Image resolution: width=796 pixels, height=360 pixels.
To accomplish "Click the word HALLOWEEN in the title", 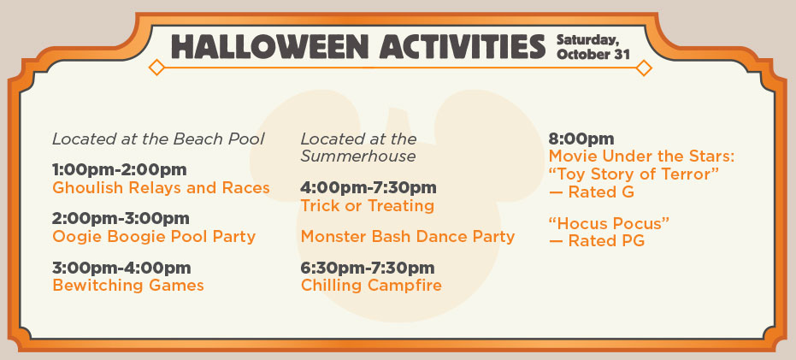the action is [270, 47].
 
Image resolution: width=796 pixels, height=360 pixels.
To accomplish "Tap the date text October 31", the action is [593, 55].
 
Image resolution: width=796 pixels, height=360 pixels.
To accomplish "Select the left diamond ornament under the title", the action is [156, 68].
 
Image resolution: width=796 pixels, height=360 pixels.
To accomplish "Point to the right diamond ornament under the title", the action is [644, 68].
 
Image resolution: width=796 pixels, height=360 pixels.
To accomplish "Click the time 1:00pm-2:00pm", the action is [120, 169].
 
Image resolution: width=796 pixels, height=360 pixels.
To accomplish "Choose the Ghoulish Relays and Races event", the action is [161, 188].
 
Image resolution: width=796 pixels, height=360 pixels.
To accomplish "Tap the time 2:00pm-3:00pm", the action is [121, 218].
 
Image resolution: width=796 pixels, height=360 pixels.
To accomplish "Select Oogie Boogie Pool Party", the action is [154, 237].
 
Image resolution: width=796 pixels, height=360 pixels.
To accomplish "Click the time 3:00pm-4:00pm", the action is [121, 267].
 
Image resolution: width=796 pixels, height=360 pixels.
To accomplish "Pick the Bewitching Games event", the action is [128, 286].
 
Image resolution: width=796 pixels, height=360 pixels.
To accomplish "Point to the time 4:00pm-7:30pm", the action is [369, 187].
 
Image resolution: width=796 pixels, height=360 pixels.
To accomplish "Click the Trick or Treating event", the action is [368, 206].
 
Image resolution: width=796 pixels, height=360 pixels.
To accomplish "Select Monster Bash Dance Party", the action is [408, 237].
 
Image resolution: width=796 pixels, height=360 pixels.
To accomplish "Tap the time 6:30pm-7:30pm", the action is [368, 267].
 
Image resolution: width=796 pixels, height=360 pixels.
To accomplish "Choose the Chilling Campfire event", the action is [371, 286].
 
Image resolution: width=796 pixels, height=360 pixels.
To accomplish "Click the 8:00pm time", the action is [581, 139].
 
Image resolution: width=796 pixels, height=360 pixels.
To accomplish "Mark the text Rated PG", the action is [606, 240].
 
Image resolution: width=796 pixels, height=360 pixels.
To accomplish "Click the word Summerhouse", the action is [358, 156].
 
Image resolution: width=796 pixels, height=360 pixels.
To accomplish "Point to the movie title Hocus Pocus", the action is [609, 223].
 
